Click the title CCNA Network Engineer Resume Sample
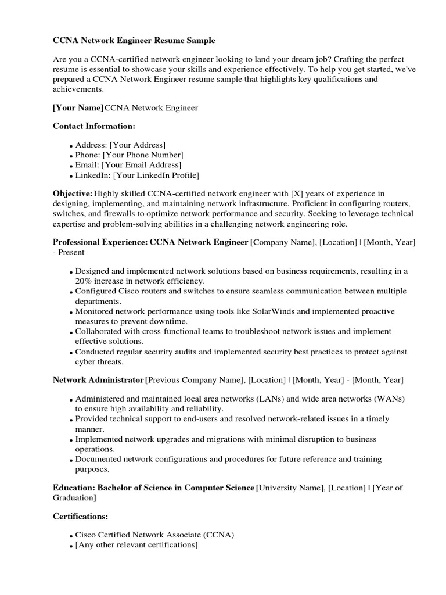[134, 41]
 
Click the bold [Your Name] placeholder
[78, 108]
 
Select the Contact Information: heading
[93, 126]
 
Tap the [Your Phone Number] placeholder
[143, 155]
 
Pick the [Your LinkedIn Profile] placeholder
[156, 175]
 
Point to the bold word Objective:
[73, 193]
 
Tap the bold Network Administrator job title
[98, 380]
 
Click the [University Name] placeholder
[290, 488]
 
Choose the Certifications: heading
[80, 516]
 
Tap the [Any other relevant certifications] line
[136, 545]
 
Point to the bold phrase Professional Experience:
[100, 242]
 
